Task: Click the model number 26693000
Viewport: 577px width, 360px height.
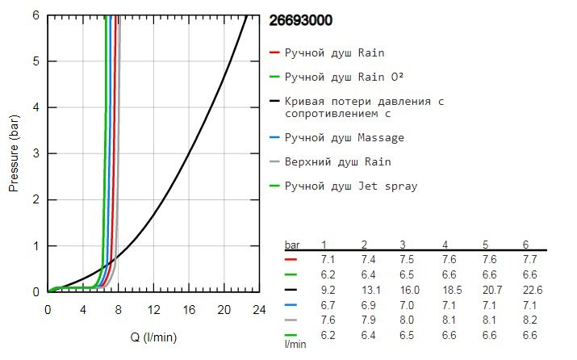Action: pos(299,21)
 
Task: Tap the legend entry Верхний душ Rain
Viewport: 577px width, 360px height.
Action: pos(337,161)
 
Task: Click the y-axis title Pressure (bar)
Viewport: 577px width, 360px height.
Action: pos(14,153)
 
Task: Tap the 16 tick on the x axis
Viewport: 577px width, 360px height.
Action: pos(188,309)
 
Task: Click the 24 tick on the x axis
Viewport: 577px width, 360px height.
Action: pos(258,309)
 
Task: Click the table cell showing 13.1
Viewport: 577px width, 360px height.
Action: pos(365,288)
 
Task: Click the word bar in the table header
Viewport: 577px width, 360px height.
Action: pos(294,245)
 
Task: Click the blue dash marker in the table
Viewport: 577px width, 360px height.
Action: pos(291,303)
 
